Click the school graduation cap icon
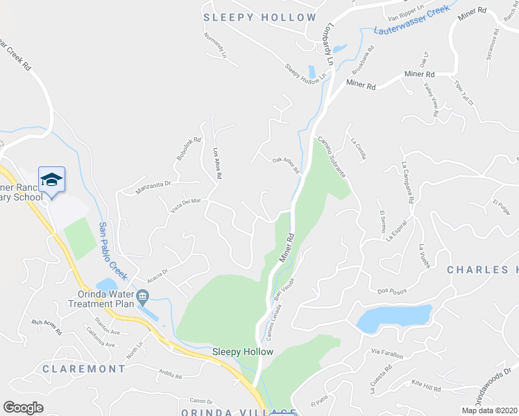point(51,180)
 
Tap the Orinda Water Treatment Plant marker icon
point(142,297)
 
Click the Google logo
point(23,407)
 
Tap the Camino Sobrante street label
point(332,157)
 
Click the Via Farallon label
point(387,355)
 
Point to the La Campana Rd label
point(407,182)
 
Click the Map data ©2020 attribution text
point(489,410)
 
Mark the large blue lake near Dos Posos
point(393,318)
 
